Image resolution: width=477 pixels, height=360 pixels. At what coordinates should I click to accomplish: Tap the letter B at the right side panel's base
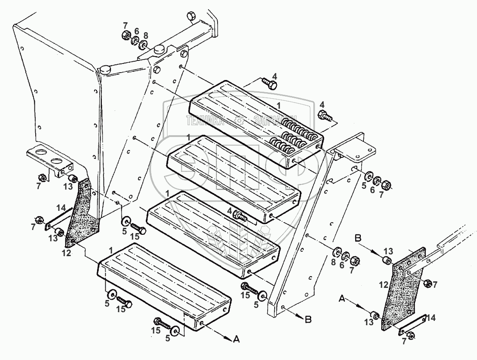[x=308, y=320]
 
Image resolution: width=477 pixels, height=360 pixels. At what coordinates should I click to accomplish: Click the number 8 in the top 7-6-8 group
[x=145, y=35]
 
